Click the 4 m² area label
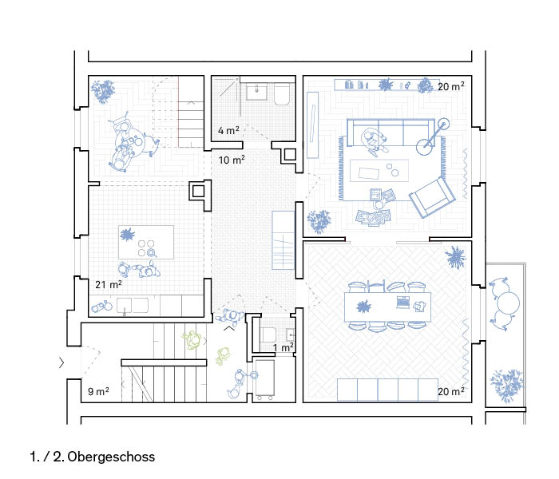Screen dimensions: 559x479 (228, 130)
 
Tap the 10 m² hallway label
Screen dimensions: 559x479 (232, 160)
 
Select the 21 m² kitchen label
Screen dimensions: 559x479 (109, 284)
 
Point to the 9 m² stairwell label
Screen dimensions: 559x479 (98, 391)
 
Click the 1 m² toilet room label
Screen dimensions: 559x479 (283, 347)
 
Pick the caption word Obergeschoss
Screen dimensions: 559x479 (111, 457)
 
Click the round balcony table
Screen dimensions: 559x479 (509, 303)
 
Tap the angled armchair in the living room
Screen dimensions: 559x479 (432, 197)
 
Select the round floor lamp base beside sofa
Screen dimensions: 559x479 (426, 146)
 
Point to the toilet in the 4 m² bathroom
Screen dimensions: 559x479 (282, 94)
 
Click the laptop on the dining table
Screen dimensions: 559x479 (403, 302)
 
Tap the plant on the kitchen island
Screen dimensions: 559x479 (127, 234)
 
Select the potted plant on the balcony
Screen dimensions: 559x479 (506, 386)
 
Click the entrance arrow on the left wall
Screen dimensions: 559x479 (61, 362)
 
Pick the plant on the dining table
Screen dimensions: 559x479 (363, 307)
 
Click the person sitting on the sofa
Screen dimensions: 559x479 (373, 141)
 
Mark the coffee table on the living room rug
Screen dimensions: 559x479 (379, 171)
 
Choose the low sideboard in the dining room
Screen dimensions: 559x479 (387, 390)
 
